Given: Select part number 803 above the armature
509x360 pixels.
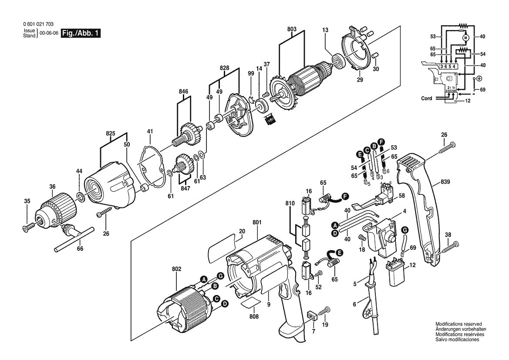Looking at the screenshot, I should coord(292,29).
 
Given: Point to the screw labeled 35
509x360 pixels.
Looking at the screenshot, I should coord(26,227).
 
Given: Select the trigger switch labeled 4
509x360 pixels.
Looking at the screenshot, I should coord(383,236).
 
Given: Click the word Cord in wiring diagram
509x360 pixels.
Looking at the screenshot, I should coord(427,98).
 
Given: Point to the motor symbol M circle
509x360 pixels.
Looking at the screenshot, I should coord(465,38).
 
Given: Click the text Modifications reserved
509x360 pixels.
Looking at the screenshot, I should coord(458,324).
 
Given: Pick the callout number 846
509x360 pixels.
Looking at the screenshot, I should coord(184,92).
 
